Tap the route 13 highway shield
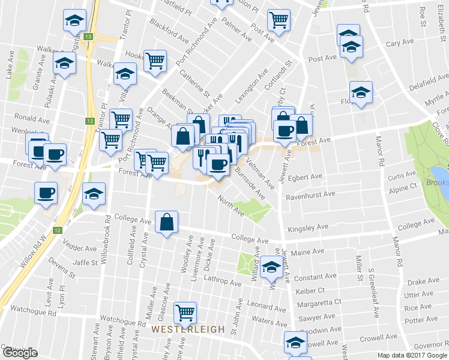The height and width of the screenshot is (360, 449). (89, 37)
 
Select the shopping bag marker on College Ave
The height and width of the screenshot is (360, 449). (166, 222)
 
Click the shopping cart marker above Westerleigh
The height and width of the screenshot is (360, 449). (185, 312)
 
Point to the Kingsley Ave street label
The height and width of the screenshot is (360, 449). (308, 228)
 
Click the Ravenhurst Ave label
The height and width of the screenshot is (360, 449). (310, 194)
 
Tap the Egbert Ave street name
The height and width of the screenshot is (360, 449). (305, 177)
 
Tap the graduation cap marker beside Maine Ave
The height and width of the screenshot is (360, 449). (271, 266)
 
